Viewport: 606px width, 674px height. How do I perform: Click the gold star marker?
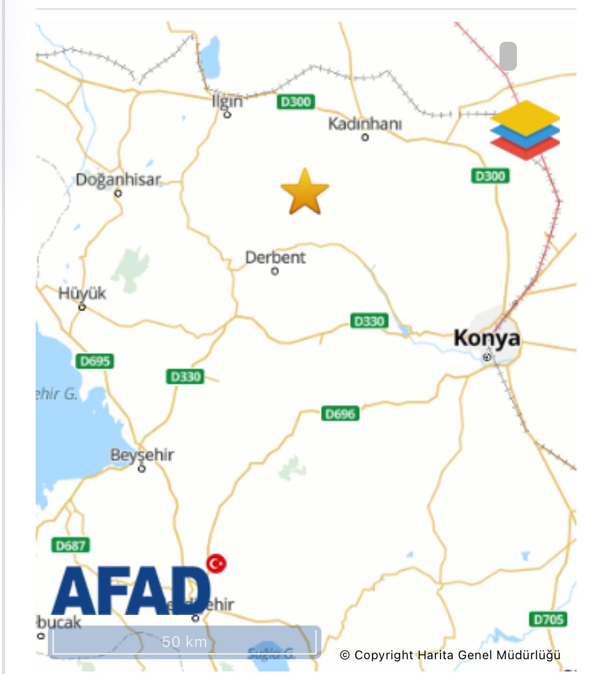tap(305, 192)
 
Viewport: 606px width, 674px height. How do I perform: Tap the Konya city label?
tap(486, 338)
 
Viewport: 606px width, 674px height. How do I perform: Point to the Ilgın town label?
tap(227, 101)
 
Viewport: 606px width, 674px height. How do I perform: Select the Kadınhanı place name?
tap(365, 124)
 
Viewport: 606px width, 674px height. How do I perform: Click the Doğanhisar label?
tap(118, 180)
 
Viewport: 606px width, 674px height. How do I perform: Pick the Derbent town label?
tap(275, 258)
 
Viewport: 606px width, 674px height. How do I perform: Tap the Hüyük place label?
tap(82, 293)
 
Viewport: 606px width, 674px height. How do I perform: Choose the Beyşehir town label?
tap(142, 454)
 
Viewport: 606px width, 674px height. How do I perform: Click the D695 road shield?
tap(95, 361)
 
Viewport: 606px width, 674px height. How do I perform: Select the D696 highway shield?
tap(340, 414)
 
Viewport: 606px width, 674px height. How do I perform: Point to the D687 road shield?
tap(71, 546)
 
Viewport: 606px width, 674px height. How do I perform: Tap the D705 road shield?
tap(548, 619)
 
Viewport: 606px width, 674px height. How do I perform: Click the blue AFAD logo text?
tap(131, 591)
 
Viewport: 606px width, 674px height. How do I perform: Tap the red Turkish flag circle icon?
tap(216, 563)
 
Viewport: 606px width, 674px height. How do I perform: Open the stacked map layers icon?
tap(525, 130)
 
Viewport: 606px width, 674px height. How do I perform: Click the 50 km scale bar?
tap(184, 642)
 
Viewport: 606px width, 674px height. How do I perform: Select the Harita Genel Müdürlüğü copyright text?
tap(450, 655)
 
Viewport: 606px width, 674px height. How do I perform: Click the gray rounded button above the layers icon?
tap(508, 56)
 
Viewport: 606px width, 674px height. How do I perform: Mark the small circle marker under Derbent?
tap(275, 272)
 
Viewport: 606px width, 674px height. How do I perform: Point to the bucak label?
tap(60, 622)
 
